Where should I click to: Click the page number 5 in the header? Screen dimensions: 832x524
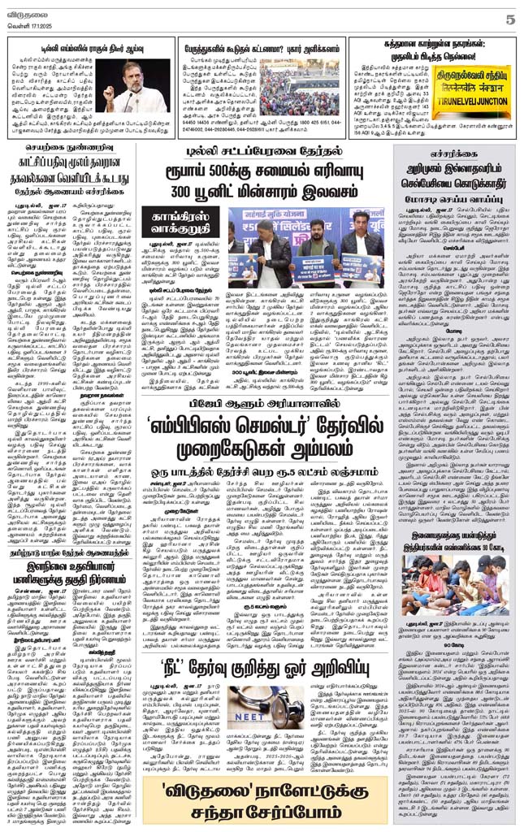coord(510,18)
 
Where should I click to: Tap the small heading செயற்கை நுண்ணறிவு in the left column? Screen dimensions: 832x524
coord(72,150)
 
